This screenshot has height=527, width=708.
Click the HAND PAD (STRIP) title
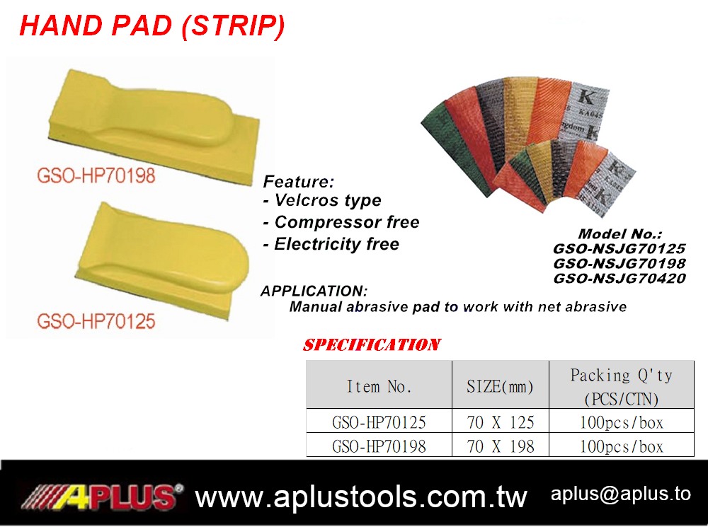pos(152,26)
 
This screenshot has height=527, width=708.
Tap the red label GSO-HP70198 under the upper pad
pos(96,175)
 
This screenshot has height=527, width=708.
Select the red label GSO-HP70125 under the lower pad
pos(96,321)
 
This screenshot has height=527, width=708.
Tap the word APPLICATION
pos(314,291)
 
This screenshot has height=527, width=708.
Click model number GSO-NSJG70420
pos(619,279)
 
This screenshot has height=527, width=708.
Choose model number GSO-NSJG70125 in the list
pos(619,248)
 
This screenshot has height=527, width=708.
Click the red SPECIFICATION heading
pos(372,345)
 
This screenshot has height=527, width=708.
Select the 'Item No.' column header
pos(379,387)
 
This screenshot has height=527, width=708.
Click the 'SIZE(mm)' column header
pos(501,387)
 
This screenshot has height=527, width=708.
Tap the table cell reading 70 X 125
pos(501,422)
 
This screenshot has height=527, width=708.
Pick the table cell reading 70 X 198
pos(501,446)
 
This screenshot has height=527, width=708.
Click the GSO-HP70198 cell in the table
pos(379,446)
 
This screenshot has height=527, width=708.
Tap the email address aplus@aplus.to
pos(621,494)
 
